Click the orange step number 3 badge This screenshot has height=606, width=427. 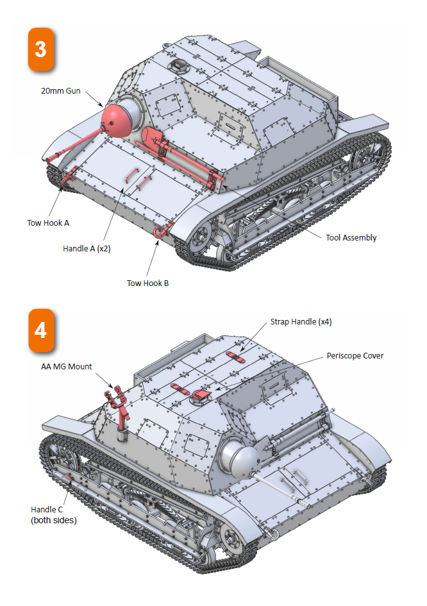click(40, 49)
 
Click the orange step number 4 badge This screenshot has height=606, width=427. click(40, 330)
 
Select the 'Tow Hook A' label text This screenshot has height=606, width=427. click(48, 223)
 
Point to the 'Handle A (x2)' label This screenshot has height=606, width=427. click(87, 248)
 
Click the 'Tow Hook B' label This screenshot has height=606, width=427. click(147, 282)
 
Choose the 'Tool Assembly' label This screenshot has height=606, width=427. click(351, 237)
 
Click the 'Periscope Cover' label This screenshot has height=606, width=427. click(355, 355)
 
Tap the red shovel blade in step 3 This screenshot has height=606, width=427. click(151, 136)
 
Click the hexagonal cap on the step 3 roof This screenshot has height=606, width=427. click(176, 65)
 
